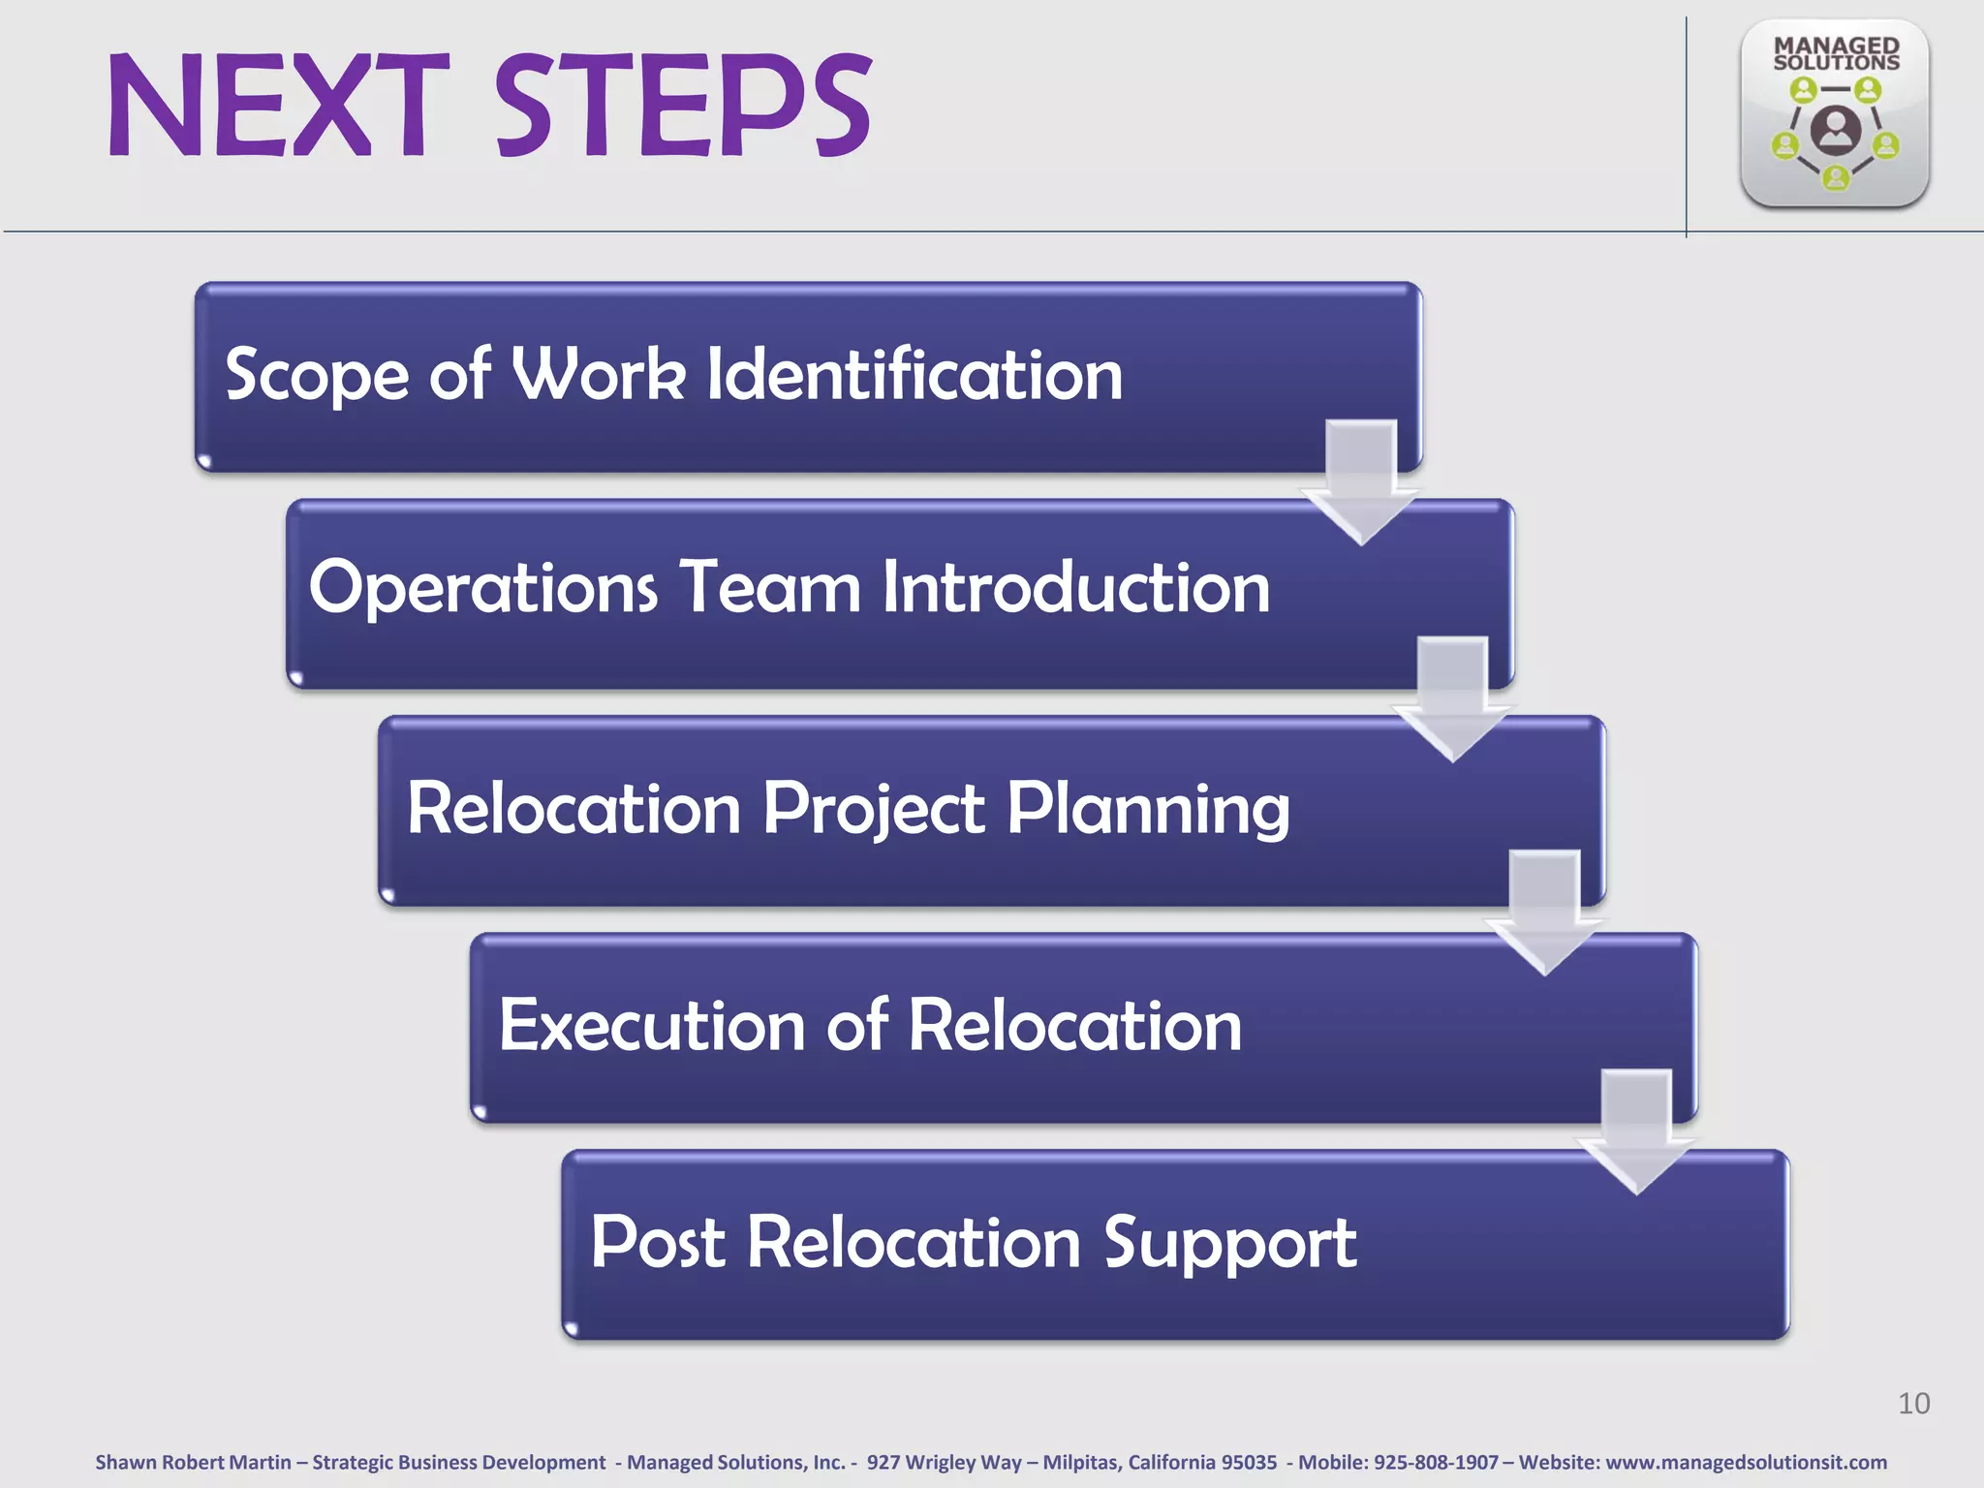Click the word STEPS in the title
click(x=683, y=107)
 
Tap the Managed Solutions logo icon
click(x=1834, y=114)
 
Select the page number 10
click(x=1913, y=1403)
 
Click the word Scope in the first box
click(x=317, y=375)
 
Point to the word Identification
click(x=914, y=375)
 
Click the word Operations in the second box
click(x=482, y=588)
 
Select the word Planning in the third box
click(x=1148, y=809)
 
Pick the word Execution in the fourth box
click(x=651, y=1026)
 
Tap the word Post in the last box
click(x=658, y=1243)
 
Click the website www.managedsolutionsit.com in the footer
click(x=1746, y=1462)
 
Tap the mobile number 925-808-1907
click(x=1436, y=1462)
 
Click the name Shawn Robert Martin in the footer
click(x=193, y=1462)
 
